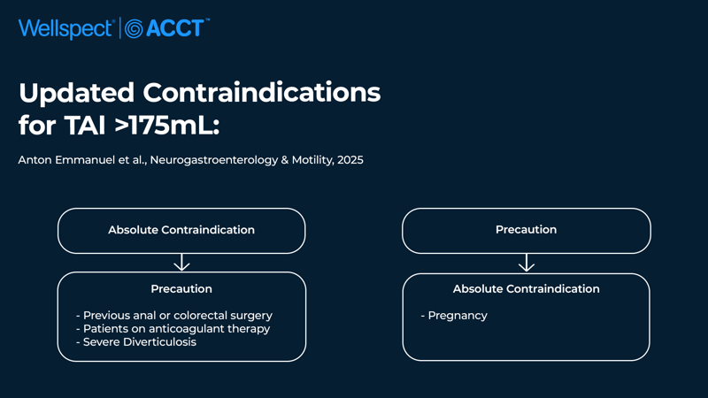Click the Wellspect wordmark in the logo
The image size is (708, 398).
click(65, 29)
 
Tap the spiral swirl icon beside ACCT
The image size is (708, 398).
click(134, 29)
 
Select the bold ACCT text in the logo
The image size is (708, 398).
click(175, 28)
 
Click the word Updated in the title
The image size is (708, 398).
click(77, 93)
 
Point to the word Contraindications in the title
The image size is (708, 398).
click(262, 93)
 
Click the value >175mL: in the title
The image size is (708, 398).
click(167, 125)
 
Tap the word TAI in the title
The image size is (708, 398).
click(85, 125)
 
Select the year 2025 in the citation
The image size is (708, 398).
click(350, 160)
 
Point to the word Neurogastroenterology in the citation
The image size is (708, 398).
click(214, 161)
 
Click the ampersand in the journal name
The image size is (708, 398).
click(285, 160)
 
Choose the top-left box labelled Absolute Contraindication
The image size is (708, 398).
click(181, 231)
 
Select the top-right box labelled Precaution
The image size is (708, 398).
click(527, 231)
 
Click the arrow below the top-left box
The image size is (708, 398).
click(181, 262)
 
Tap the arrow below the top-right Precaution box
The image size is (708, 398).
click(527, 263)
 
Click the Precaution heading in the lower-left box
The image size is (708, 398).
click(181, 289)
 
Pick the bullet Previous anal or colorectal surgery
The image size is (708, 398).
click(174, 316)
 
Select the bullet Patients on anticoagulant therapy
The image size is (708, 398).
click(173, 328)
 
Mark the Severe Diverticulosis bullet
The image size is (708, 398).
click(136, 342)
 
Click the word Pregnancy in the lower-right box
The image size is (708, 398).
click(458, 316)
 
